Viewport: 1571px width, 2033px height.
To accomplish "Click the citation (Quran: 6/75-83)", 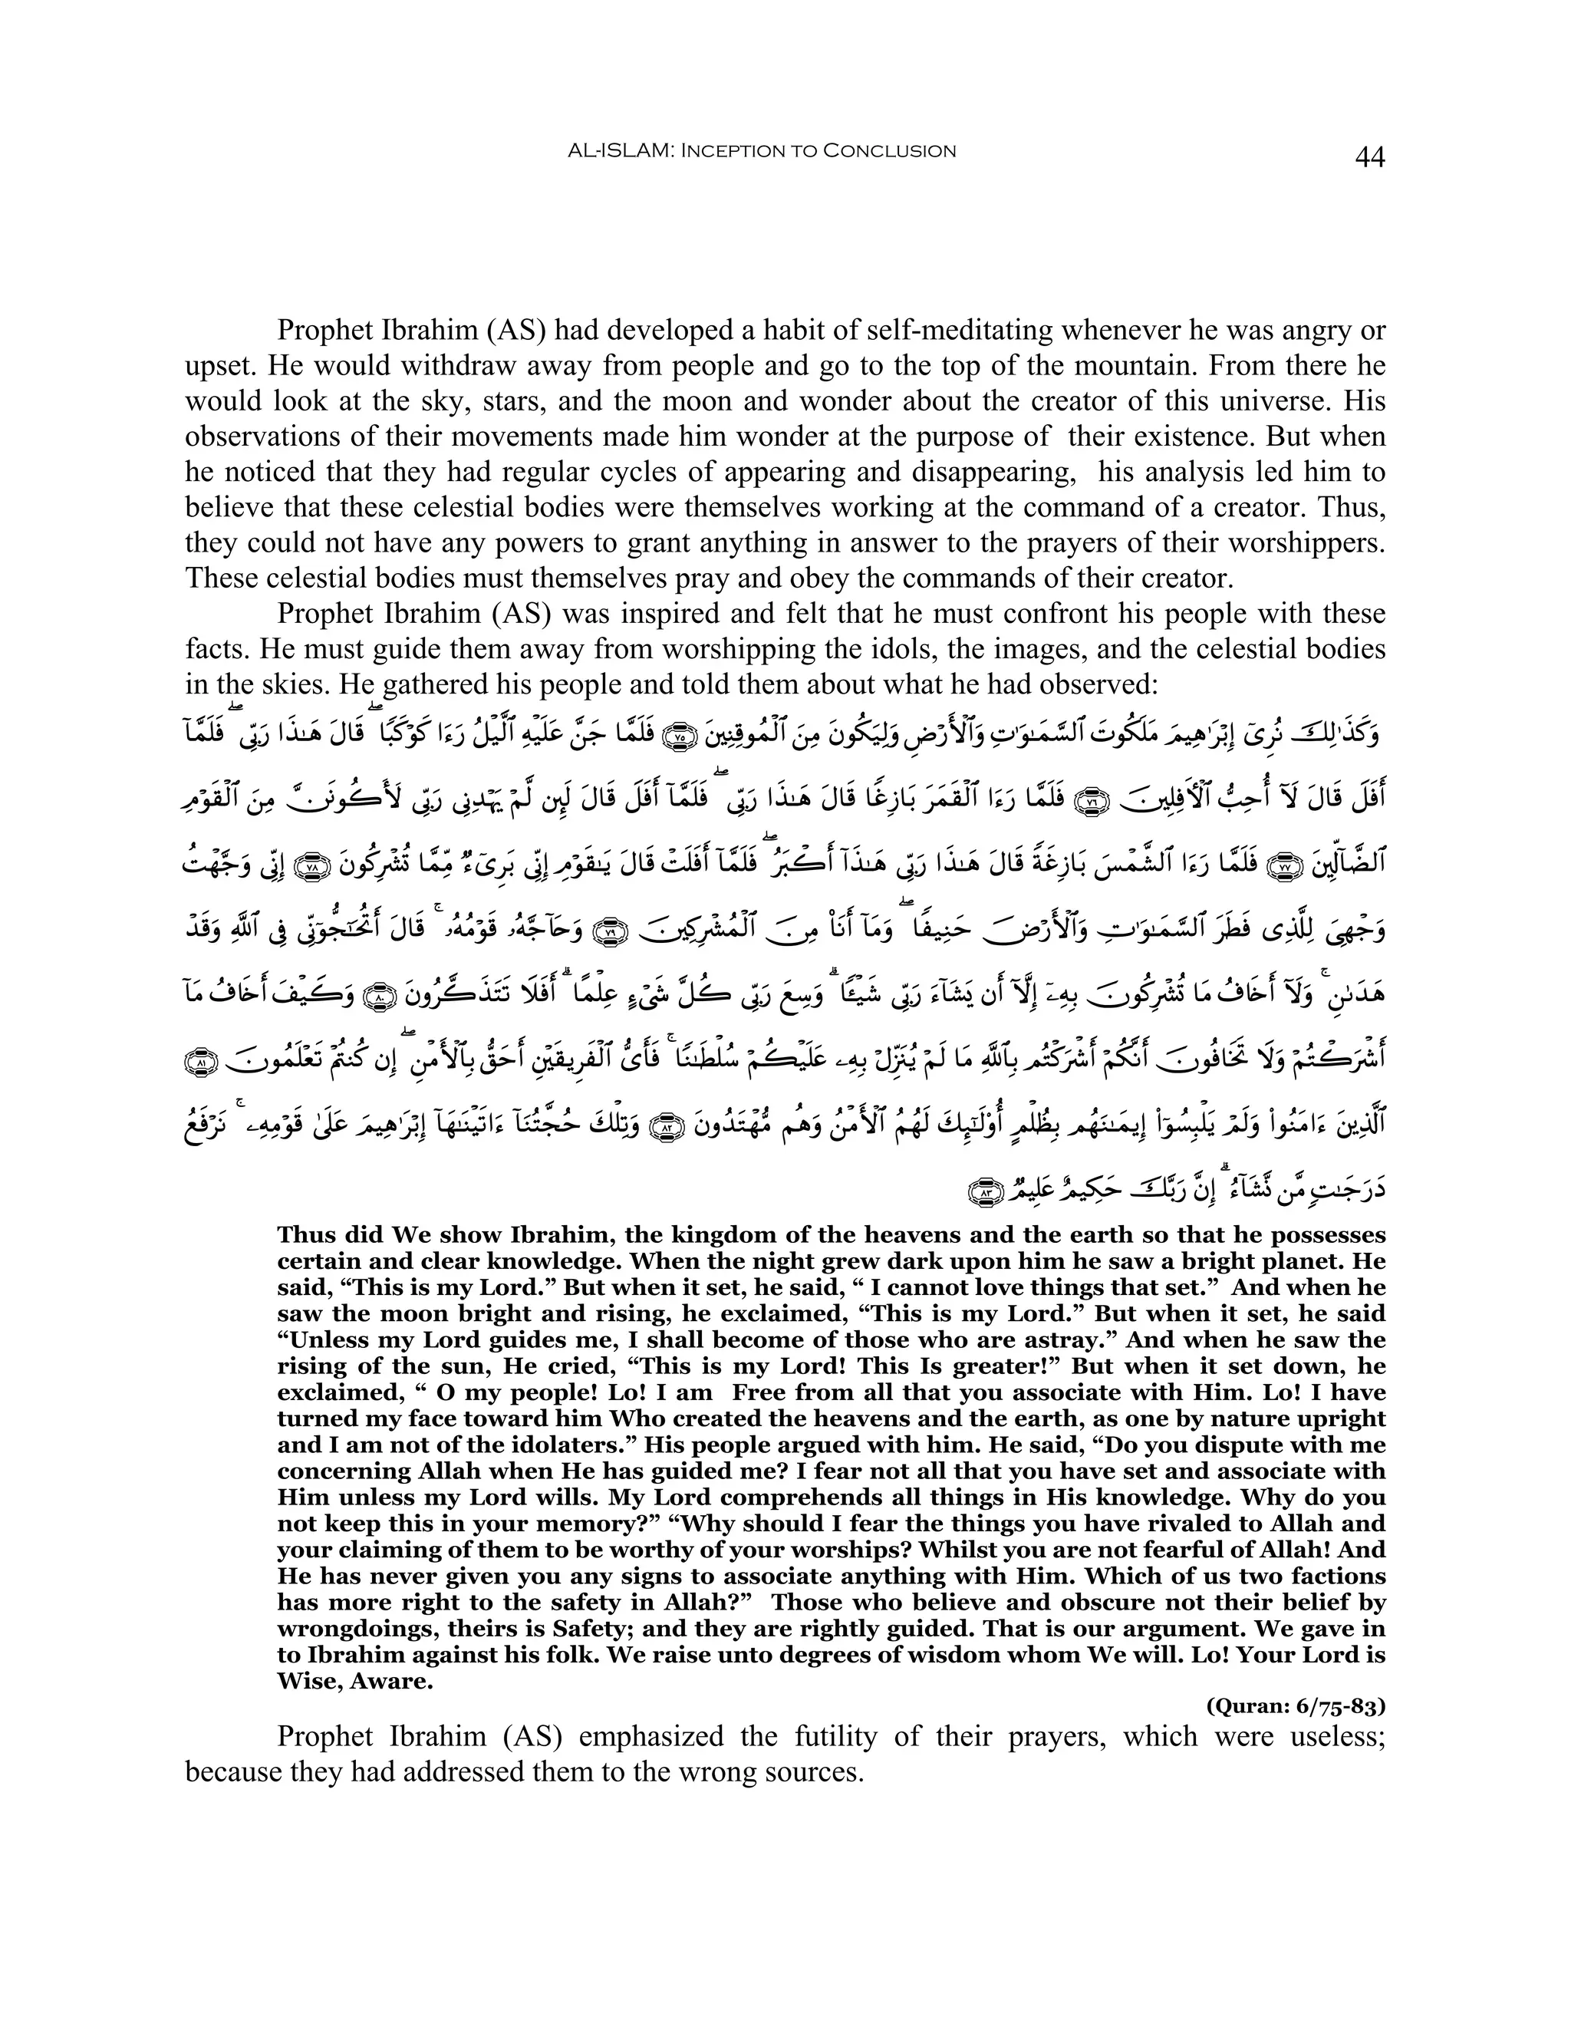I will pos(1296,1706).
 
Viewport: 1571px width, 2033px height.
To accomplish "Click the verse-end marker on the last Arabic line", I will pos(983,1191).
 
